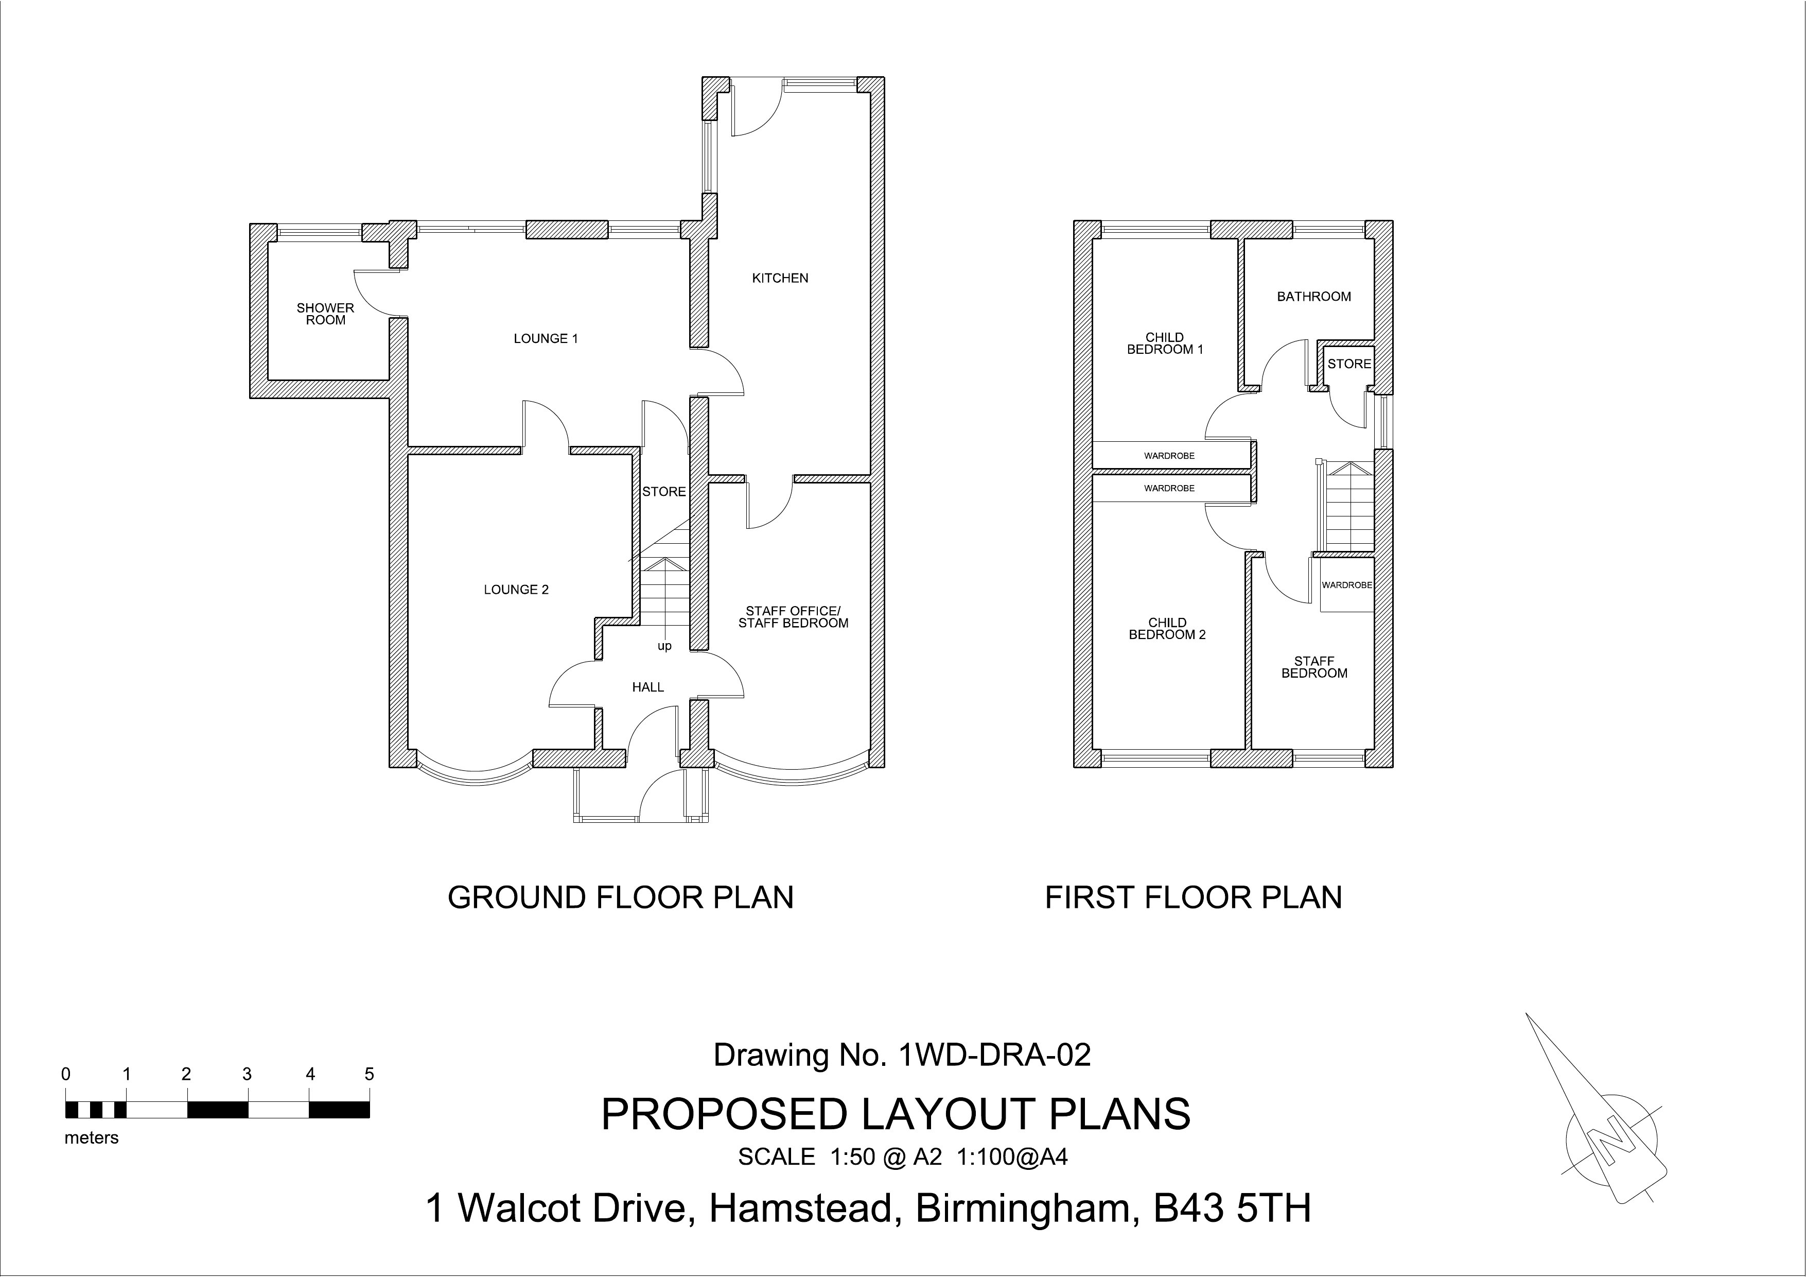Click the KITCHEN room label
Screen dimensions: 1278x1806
780,278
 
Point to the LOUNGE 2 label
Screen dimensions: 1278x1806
516,590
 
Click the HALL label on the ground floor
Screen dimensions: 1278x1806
647,687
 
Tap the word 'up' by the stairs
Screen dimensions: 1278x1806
664,646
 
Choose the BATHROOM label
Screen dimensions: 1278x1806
1313,297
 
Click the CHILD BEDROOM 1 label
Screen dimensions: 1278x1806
1165,343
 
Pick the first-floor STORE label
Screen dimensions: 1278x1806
1349,364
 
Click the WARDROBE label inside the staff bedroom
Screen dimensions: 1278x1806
1346,585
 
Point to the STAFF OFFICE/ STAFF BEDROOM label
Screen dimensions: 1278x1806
793,617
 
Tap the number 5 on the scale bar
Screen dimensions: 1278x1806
369,1074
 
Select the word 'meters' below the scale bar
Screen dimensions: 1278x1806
91,1138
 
